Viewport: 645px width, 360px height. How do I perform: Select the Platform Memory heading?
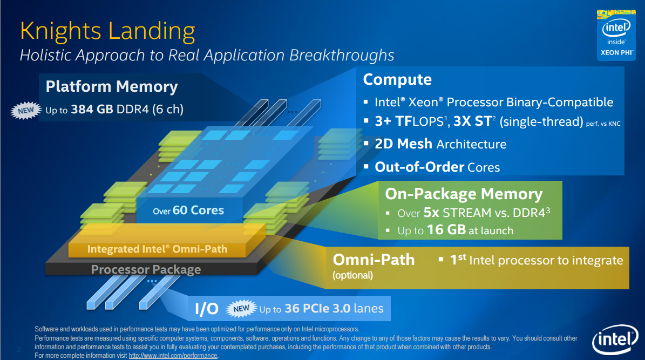click(112, 87)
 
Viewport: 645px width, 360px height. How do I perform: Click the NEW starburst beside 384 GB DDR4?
click(25, 110)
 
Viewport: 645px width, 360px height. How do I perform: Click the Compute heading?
click(397, 80)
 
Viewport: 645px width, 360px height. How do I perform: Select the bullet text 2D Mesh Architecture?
click(440, 144)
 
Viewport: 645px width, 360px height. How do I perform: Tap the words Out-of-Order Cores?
click(437, 167)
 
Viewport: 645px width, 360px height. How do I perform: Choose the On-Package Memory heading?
click(464, 194)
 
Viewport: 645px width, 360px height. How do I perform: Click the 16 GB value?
click(446, 230)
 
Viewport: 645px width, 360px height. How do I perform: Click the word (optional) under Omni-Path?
click(352, 275)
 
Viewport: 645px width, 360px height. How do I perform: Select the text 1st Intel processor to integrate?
click(537, 261)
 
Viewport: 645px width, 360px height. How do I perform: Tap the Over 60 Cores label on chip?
click(188, 210)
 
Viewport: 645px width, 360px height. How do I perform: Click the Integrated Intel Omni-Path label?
click(157, 249)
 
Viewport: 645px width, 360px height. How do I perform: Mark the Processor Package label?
click(146, 269)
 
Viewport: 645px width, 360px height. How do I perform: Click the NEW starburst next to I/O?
click(241, 309)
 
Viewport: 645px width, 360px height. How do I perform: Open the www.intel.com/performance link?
click(173, 356)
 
